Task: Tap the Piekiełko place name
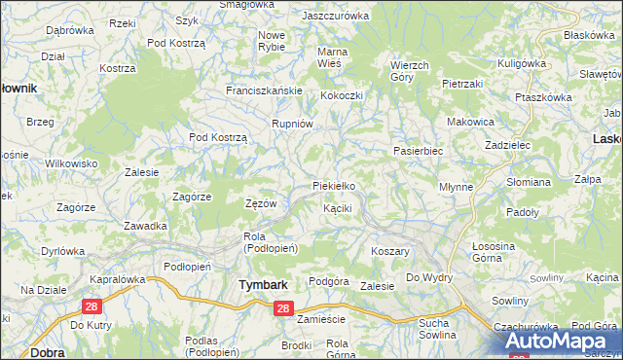click(339, 185)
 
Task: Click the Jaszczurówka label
click(336, 17)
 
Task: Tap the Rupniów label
click(292, 124)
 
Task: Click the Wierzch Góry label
click(409, 70)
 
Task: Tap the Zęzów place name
click(262, 204)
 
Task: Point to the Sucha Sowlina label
click(437, 328)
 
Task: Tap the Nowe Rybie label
click(272, 42)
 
